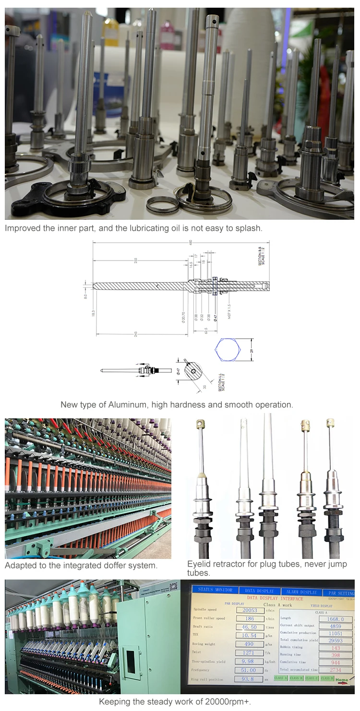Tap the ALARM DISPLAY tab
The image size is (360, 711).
pos(302,592)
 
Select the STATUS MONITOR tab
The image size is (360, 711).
pos(212,590)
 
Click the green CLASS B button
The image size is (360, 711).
pos(296,678)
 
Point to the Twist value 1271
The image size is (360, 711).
pos(248,653)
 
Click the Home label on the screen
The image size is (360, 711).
pos(342,680)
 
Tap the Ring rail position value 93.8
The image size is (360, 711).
pos(248,679)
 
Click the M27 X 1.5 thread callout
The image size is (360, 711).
pos(229,312)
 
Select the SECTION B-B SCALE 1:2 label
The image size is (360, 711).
pos(261,255)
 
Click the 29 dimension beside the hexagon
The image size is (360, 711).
pos(252,351)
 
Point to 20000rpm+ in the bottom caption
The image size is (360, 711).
pos(228,701)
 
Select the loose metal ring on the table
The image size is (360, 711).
pos(163,205)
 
